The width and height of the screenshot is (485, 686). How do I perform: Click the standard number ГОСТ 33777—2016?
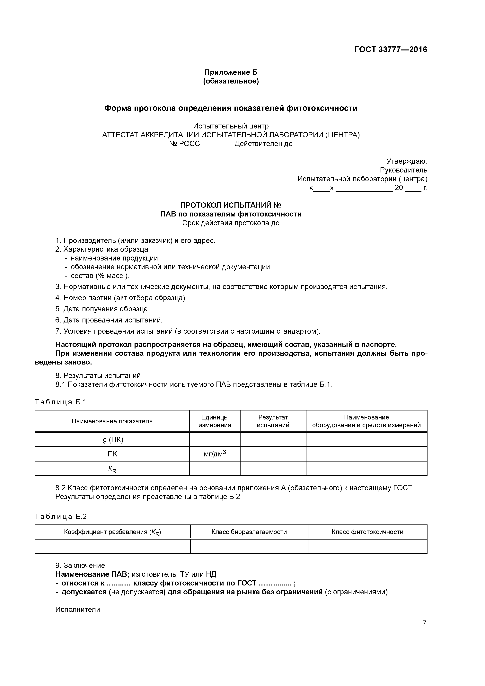coord(391,50)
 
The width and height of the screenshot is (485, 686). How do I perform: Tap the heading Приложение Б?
coord(231,72)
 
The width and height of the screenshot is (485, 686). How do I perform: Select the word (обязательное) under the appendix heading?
coord(231,81)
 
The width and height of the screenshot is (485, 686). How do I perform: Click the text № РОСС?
coord(184,144)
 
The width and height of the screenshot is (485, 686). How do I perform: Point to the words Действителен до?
coord(263,144)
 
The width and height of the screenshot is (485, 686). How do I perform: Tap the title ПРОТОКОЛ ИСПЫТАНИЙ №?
coord(231,205)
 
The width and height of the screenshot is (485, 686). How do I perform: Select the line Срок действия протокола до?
coord(231,223)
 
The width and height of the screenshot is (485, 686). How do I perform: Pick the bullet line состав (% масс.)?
coord(100,276)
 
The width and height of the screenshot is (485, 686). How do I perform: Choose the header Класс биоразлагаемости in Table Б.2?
coord(249,532)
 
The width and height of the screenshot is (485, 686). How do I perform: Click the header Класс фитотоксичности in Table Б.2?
coord(367,532)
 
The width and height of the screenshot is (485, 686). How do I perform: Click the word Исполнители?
coord(79,610)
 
